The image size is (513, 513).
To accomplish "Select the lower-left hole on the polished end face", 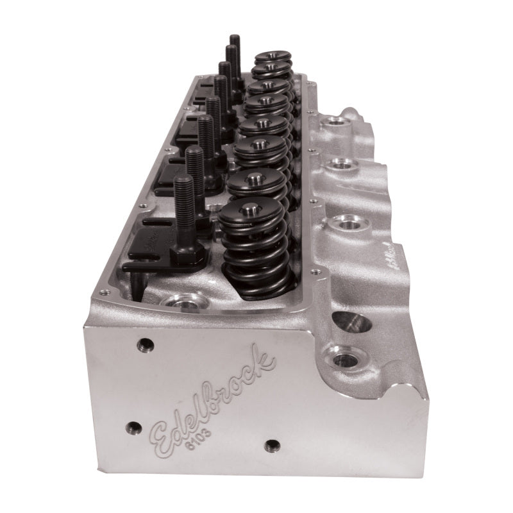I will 133,427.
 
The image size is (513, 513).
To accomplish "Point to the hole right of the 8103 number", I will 272,444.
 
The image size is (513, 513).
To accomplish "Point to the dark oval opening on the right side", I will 352,321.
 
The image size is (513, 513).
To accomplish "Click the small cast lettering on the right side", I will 387,256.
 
